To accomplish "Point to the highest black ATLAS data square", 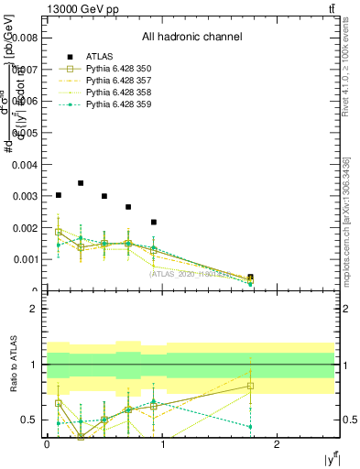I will click(82, 183).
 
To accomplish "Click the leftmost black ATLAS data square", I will click(59, 195).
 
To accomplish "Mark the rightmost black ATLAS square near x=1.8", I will click(250, 277).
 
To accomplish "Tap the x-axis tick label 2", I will click(278, 444).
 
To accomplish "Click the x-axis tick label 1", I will click(162, 444).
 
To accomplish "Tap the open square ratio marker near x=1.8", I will click(250, 386).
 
